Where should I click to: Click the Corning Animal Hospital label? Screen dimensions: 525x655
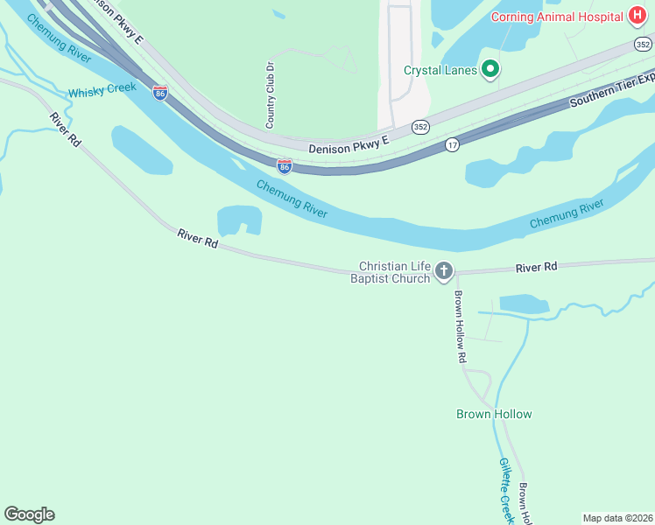pyautogui.click(x=557, y=17)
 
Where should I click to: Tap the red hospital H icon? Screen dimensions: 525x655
pyautogui.click(x=637, y=17)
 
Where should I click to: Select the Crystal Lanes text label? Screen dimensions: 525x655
pyautogui.click(x=440, y=71)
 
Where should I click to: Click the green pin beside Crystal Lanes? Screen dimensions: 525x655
pyautogui.click(x=491, y=70)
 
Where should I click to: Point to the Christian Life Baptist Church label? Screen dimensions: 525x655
pyautogui.click(x=395, y=272)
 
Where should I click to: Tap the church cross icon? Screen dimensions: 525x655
pyautogui.click(x=444, y=271)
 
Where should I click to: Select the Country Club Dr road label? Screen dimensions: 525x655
pyautogui.click(x=271, y=94)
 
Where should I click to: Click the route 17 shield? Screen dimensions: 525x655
pyautogui.click(x=452, y=145)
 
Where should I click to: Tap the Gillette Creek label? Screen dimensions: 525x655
pyautogui.click(x=505, y=486)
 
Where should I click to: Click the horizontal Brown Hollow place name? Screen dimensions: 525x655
pyautogui.click(x=494, y=414)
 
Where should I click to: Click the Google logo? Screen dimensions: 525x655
pyautogui.click(x=29, y=514)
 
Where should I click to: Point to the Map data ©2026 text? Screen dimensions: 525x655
pyautogui.click(x=617, y=518)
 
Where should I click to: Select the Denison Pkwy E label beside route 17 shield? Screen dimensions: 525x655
pyautogui.click(x=348, y=149)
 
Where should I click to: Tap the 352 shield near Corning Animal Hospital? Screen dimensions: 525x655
pyautogui.click(x=644, y=44)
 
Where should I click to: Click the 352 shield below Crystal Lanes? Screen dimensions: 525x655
pyautogui.click(x=421, y=126)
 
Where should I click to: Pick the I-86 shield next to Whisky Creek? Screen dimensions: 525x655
pyautogui.click(x=159, y=93)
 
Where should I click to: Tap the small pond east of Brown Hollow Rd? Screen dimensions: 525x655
pyautogui.click(x=524, y=304)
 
